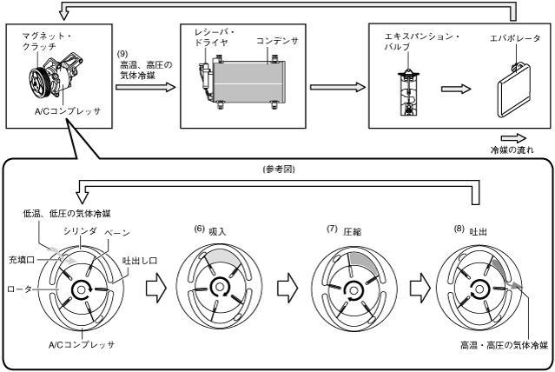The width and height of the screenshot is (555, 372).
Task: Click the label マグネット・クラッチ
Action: [x=46, y=41]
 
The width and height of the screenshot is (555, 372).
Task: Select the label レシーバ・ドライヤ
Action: [x=215, y=37]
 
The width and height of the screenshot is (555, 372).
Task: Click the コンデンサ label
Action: [x=277, y=41]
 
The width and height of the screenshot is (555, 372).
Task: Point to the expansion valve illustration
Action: [x=408, y=92]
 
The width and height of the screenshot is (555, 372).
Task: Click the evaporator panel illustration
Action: [x=514, y=90]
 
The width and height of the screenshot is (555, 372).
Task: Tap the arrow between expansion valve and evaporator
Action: [x=456, y=89]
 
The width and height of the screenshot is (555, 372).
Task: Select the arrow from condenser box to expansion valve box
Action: [x=337, y=87]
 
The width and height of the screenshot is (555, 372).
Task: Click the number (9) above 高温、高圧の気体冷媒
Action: [x=122, y=54]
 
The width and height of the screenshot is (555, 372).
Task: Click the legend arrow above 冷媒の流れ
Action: [x=513, y=138]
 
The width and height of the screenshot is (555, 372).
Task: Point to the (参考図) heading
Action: [x=279, y=169]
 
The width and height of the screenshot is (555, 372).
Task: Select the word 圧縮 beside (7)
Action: [x=352, y=232]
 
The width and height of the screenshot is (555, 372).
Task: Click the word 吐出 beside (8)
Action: [x=478, y=232]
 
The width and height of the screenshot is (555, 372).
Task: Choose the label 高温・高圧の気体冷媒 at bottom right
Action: [x=504, y=345]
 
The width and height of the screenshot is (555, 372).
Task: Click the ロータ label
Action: [x=19, y=289]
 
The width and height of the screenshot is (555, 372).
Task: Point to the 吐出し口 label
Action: [x=140, y=261]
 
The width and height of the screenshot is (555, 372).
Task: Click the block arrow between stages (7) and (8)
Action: [x=420, y=288]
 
